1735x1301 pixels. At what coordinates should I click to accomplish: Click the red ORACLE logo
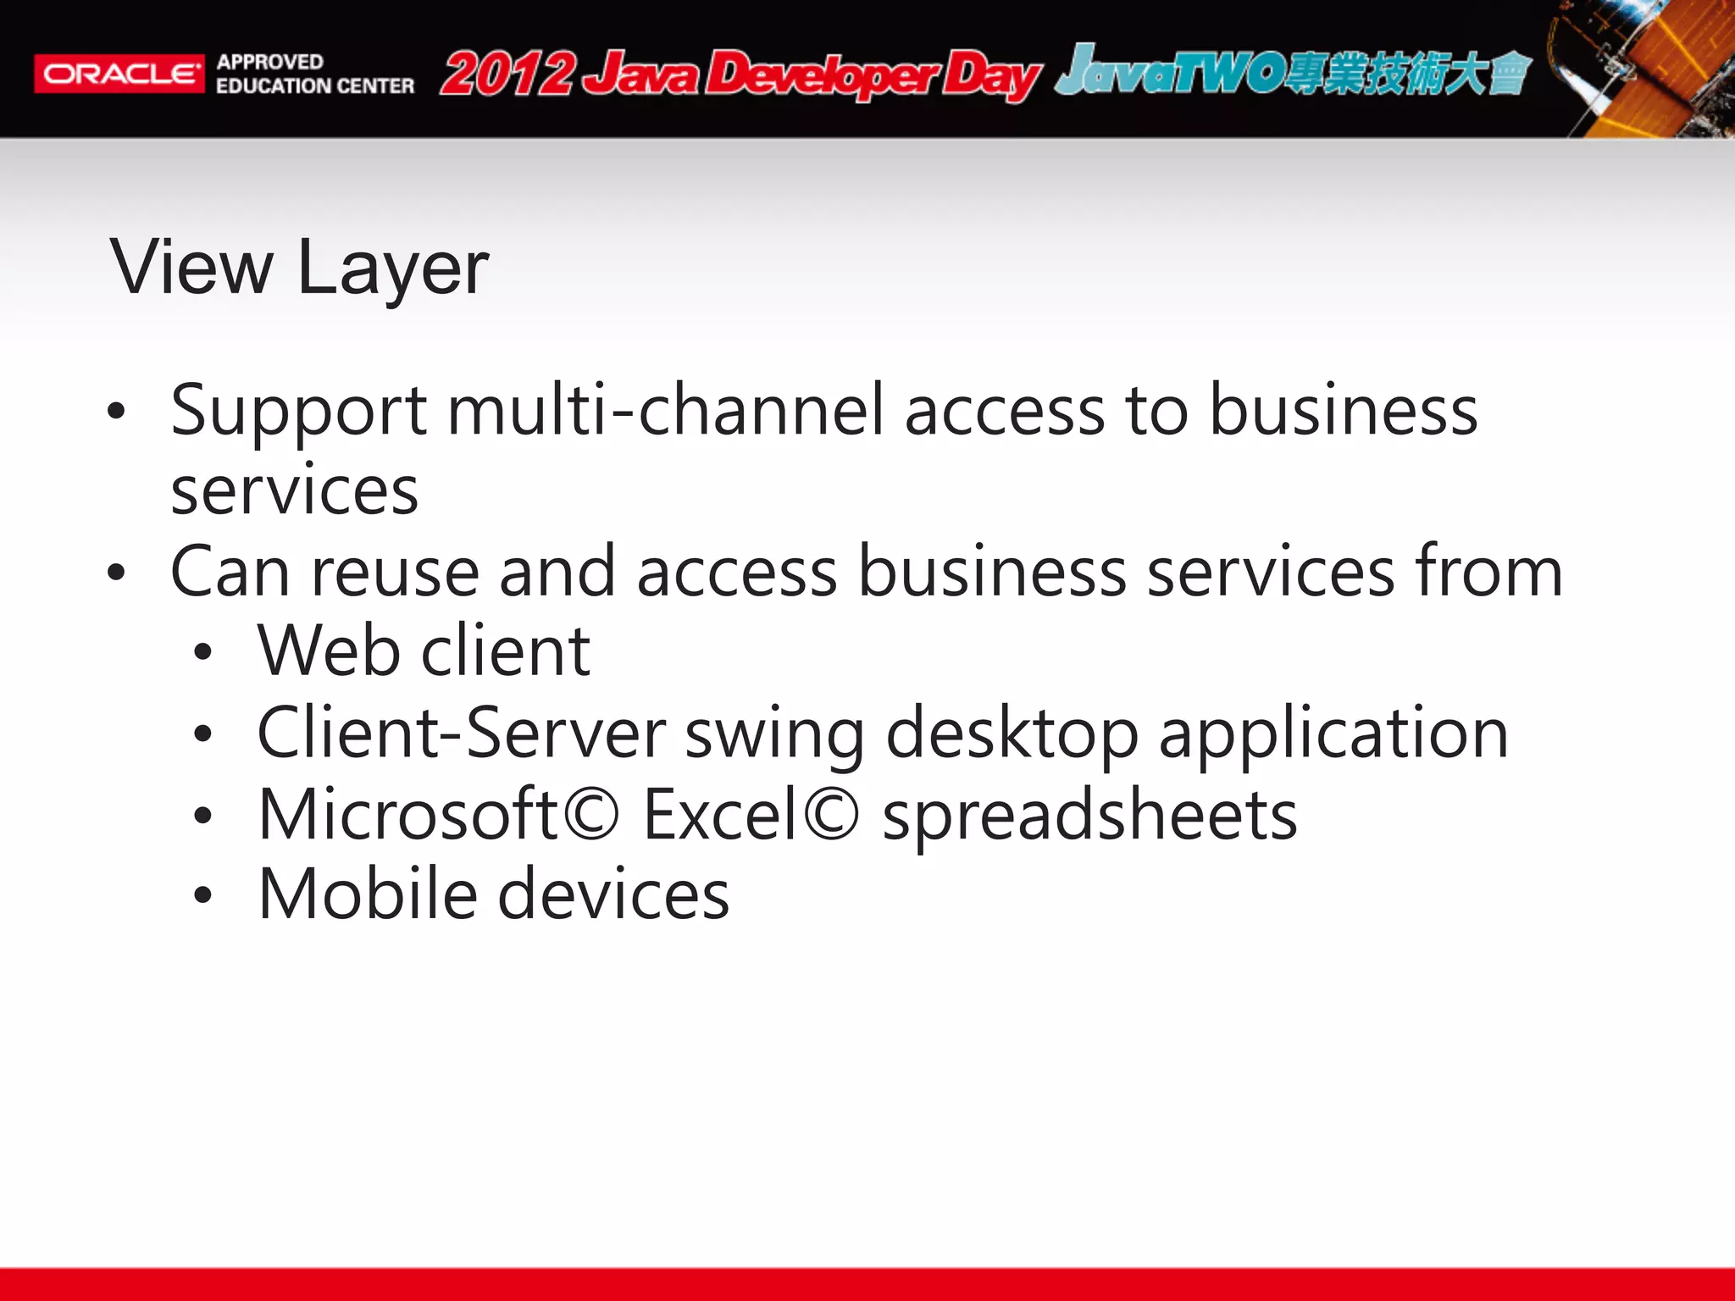[119, 74]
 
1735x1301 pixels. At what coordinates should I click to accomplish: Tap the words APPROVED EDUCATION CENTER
[314, 74]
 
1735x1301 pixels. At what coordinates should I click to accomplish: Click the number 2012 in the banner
[507, 74]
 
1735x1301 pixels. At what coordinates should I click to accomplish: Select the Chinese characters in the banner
[1406, 74]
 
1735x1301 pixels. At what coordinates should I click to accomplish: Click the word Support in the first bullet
[298, 412]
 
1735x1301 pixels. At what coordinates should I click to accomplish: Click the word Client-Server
[462, 734]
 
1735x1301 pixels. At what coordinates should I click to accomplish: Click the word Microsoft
[407, 814]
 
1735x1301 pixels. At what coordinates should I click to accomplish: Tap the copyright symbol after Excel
[831, 814]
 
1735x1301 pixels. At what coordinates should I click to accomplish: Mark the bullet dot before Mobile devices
[202, 895]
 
